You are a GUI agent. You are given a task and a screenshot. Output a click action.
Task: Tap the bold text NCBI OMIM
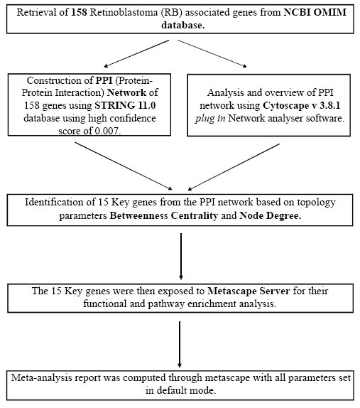pyautogui.click(x=315, y=12)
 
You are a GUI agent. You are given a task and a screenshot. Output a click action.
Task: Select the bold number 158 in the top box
pyautogui.click(x=79, y=12)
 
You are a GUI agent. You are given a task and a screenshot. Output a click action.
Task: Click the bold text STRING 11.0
pyautogui.click(x=125, y=105)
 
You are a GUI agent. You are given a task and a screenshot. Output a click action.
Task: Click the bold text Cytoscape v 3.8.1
pyautogui.click(x=302, y=106)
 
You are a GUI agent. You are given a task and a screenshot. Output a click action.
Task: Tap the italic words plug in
pyautogui.click(x=210, y=119)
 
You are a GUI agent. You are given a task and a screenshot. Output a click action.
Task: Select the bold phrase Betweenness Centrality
pyautogui.click(x=164, y=215)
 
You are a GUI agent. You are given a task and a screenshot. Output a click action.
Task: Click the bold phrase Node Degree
pyautogui.click(x=270, y=215)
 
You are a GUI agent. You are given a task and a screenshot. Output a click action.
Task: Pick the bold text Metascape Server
pyautogui.click(x=249, y=291)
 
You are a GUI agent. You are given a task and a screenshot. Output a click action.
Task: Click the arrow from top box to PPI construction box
pyautogui.click(x=136, y=53)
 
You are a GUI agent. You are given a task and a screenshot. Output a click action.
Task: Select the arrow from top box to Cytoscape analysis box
pyautogui.click(x=212, y=53)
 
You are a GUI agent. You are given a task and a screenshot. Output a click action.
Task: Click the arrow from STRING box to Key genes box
pyautogui.click(x=124, y=166)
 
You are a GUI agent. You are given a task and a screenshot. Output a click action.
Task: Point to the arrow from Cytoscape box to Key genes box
pyautogui.click(x=234, y=167)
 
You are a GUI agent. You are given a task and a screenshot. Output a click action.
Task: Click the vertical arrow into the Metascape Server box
pyautogui.click(x=181, y=257)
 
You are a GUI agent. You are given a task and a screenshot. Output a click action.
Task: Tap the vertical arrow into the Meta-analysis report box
pyautogui.click(x=180, y=345)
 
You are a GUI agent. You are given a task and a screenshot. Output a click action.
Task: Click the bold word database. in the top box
pyautogui.click(x=183, y=26)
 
